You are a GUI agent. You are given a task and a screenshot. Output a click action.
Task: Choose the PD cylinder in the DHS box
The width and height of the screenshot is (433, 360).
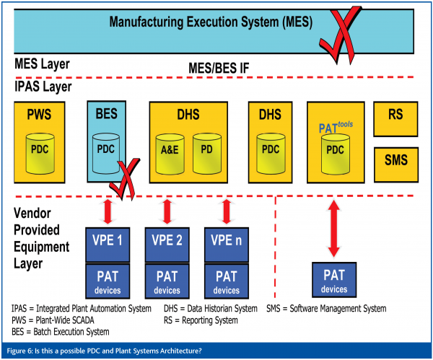(206, 154)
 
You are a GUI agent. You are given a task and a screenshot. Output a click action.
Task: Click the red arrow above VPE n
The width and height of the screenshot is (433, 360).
(226, 212)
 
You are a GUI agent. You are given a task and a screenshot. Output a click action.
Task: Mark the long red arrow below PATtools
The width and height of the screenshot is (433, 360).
(333, 229)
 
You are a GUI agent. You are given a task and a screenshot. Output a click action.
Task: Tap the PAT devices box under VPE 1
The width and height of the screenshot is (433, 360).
(108, 281)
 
